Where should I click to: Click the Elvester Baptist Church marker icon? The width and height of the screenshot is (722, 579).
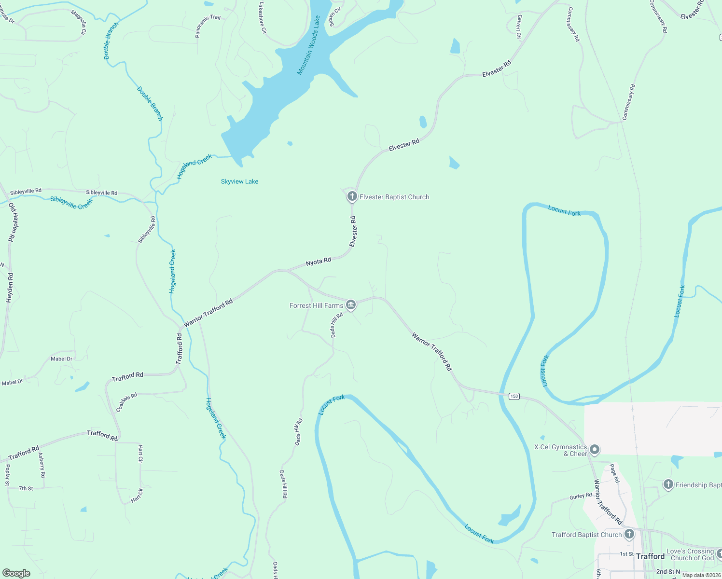pyautogui.click(x=352, y=196)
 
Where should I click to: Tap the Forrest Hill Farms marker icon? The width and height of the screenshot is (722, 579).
pyautogui.click(x=351, y=304)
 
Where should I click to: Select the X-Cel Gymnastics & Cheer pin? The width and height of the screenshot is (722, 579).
pyautogui.click(x=595, y=450)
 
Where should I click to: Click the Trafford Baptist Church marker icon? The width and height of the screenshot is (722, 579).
pyautogui.click(x=629, y=534)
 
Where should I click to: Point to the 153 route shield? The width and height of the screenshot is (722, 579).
pyautogui.click(x=514, y=396)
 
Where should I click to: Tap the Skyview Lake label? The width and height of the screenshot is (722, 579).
pyautogui.click(x=239, y=181)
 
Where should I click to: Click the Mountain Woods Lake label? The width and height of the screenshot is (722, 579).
pyautogui.click(x=308, y=45)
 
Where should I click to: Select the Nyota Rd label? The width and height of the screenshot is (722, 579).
pyautogui.click(x=319, y=262)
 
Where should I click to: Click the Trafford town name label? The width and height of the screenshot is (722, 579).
pyautogui.click(x=650, y=556)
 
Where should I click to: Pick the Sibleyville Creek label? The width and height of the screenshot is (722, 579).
pyautogui.click(x=71, y=203)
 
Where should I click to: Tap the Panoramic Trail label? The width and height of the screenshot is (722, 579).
pyautogui.click(x=208, y=26)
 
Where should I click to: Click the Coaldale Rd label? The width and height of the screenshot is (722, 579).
pyautogui.click(x=127, y=402)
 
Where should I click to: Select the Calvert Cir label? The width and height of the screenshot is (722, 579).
pyautogui.click(x=519, y=27)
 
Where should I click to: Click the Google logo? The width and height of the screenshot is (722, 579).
pyautogui.click(x=16, y=573)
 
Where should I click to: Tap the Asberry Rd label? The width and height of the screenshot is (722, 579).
pyautogui.click(x=42, y=465)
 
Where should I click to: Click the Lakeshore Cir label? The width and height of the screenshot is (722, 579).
pyautogui.click(x=262, y=18)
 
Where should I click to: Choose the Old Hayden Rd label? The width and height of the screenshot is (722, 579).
pyautogui.click(x=13, y=222)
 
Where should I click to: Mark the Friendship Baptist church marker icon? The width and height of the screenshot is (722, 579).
pyautogui.click(x=668, y=484)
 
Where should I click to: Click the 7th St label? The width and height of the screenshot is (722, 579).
pyautogui.click(x=26, y=488)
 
